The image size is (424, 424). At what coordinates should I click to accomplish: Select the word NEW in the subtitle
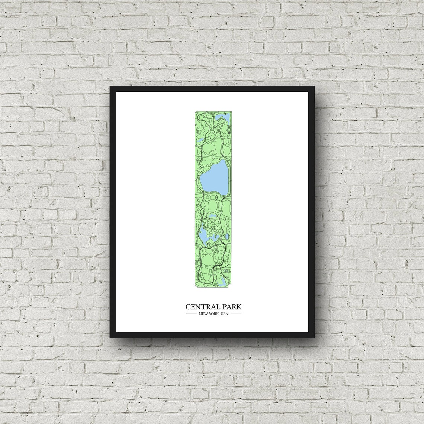[x=203, y=314]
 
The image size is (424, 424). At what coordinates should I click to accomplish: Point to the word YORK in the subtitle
[x=213, y=314]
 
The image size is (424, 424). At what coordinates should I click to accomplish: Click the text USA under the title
[x=224, y=314]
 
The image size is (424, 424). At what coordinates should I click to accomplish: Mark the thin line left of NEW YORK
[x=191, y=314]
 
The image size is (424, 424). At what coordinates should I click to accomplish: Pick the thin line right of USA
[x=235, y=314]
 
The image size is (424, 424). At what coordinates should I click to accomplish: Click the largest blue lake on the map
[x=214, y=175]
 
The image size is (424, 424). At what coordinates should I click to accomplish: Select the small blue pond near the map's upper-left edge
[x=200, y=141]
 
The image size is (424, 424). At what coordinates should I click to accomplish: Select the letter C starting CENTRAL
[x=188, y=307]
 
